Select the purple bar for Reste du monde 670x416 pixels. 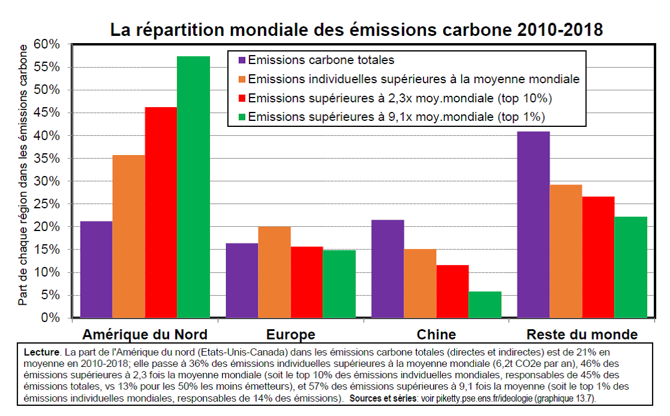pos(534,224)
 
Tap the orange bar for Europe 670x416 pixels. pos(275,272)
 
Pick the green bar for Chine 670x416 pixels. pos(485,305)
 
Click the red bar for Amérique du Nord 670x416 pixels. pos(161,212)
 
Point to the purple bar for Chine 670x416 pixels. pos(388,269)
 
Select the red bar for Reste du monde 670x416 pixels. pos(598,257)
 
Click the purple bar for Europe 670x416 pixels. pos(242,280)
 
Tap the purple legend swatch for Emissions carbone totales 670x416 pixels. pos(242,60)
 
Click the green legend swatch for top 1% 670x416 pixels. pos(242,116)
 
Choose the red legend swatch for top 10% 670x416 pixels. pos(242,98)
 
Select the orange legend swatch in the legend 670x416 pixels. pos(242,79)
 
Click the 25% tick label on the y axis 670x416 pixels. pos(48,204)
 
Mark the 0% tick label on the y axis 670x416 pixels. pos(51,318)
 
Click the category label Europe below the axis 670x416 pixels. pos(291,334)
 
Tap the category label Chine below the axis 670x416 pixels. pos(436,334)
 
